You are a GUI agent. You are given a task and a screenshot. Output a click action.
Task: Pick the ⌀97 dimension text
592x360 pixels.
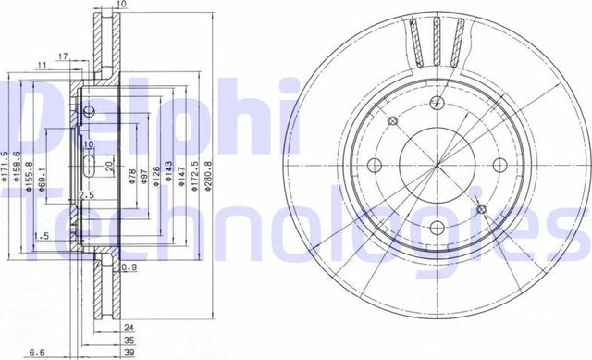tap(145, 175)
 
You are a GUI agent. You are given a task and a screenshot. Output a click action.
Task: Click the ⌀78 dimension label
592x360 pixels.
tap(132, 175)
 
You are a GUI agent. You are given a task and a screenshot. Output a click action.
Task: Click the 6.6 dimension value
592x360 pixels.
tap(35, 352)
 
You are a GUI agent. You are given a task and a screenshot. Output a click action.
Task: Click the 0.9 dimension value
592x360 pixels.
tap(129, 268)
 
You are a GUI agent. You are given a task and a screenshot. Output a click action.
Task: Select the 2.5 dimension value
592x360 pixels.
tap(87, 195)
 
